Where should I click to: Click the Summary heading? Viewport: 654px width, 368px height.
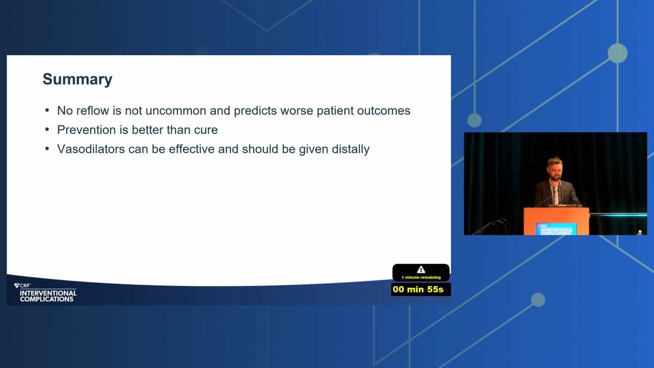coord(77,79)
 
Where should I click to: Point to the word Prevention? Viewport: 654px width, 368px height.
coord(86,130)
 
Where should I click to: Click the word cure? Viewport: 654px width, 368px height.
coord(206,130)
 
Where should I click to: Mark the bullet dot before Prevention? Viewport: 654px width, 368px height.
coord(48,129)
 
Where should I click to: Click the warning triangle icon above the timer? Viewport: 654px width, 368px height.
coord(421,269)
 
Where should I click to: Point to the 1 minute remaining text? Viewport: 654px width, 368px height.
coord(421,278)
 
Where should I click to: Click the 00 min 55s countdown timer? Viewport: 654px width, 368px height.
coord(418,289)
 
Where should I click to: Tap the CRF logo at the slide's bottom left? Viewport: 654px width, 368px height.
coord(22,286)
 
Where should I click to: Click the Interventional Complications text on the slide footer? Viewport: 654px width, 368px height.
coord(48,296)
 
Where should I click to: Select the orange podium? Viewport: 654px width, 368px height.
coord(556,221)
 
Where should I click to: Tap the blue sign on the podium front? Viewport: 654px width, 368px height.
coord(556,229)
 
